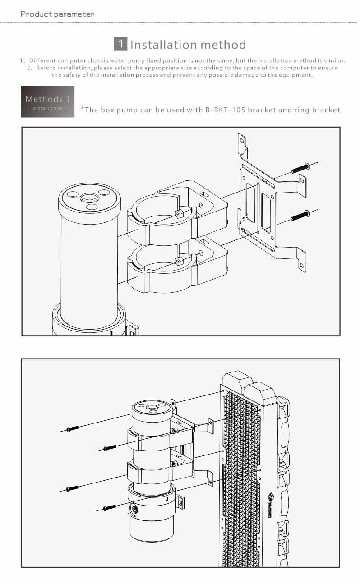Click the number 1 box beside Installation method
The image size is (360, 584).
[x=120, y=44]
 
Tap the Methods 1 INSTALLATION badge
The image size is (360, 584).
[x=48, y=101]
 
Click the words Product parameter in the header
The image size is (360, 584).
[x=57, y=14]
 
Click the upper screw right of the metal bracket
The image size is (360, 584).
[x=300, y=168]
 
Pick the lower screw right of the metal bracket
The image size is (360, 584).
[x=300, y=216]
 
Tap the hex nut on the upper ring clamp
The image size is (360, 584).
[x=179, y=214]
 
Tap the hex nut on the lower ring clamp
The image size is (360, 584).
[x=179, y=261]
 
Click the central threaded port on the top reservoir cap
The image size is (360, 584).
[x=89, y=198]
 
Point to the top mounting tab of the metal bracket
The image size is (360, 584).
[x=242, y=143]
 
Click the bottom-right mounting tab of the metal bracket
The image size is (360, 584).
[x=302, y=262]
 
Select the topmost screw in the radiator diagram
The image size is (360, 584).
[x=73, y=428]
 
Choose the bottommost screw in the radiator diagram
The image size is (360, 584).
[x=110, y=507]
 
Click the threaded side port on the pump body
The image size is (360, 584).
[x=134, y=508]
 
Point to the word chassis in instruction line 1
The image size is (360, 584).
[x=98, y=60]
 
